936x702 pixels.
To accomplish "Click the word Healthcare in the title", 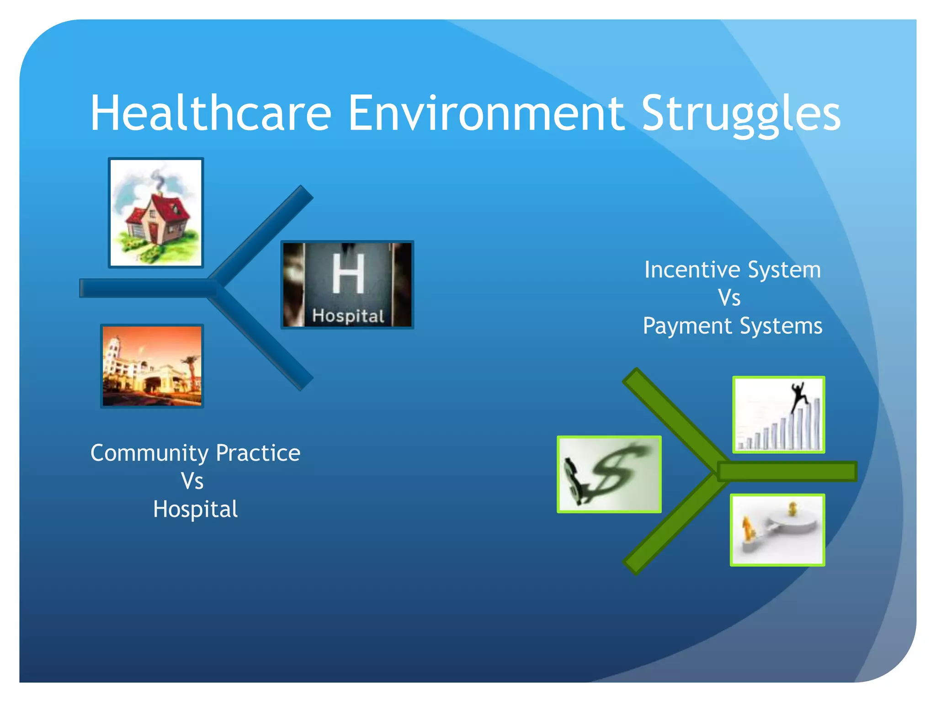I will coord(210,113).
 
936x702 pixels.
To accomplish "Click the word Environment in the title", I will coord(485,113).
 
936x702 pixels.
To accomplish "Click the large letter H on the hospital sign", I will coord(348,273).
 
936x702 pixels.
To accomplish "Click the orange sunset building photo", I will coord(152,366).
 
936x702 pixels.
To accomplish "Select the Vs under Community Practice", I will coord(192,481).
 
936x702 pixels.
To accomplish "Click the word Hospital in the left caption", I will coord(196,509).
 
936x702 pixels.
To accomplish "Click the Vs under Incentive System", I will coord(729,298).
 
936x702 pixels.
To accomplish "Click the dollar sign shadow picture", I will coord(609,474).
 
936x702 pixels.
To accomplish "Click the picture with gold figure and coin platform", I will coord(777,530).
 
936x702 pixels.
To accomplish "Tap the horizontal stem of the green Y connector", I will coord(786,471).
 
